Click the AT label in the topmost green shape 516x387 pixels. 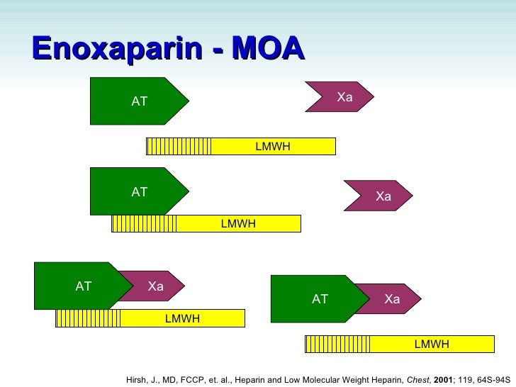140,101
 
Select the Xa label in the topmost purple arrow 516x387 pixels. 344,97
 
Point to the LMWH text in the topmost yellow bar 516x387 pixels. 273,146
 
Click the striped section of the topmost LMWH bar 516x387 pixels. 179,146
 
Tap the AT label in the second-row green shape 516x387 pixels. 140,191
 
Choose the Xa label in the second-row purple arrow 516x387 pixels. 383,196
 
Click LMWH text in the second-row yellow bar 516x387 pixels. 238,224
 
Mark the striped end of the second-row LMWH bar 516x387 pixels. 144,224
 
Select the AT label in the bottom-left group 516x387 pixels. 84,286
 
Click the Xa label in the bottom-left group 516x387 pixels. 156,286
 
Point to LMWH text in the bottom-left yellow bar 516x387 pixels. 182,319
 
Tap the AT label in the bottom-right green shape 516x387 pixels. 320,299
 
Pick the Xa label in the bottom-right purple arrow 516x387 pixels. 392,299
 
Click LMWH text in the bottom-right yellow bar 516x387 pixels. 432,344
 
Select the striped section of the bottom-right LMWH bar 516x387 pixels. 337,344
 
